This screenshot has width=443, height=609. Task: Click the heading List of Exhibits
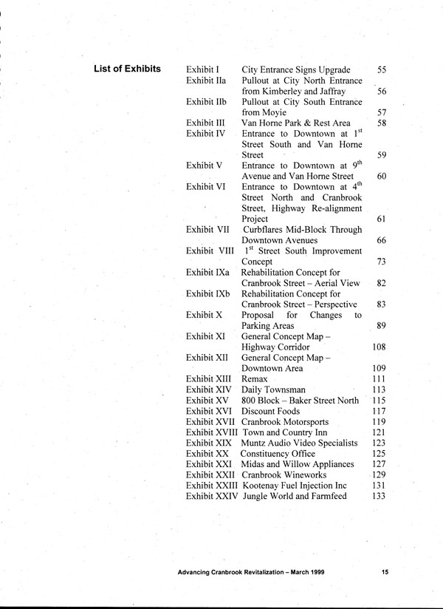pyautogui.click(x=128, y=69)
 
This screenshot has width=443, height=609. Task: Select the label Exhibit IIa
pyautogui.click(x=206, y=81)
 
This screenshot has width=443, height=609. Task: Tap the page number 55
pyautogui.click(x=382, y=69)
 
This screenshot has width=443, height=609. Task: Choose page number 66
pyautogui.click(x=382, y=240)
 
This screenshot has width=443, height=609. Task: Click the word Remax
pyautogui.click(x=255, y=378)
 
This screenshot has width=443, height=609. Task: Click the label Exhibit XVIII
pyautogui.click(x=212, y=432)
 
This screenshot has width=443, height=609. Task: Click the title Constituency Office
pyautogui.click(x=281, y=453)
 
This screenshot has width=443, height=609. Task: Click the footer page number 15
pyautogui.click(x=385, y=571)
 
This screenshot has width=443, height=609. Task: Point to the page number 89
pyautogui.click(x=382, y=325)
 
